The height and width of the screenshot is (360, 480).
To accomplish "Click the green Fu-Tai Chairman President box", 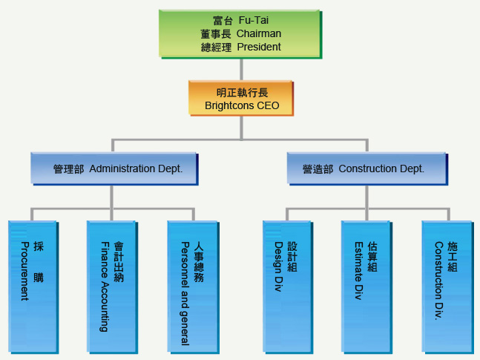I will (240, 34).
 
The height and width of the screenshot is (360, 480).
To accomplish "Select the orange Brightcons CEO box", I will (240, 99).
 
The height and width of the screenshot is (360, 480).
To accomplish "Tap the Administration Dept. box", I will (116, 168).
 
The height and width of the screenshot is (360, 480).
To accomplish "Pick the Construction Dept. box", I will (368, 168).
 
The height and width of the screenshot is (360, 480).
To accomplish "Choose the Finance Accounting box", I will (111, 286).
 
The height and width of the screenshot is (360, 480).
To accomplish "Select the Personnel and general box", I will (192, 286).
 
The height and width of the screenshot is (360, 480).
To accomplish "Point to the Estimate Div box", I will (365, 286).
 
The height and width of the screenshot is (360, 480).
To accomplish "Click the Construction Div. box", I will (446, 286).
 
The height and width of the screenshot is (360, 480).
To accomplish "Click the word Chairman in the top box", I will (259, 33).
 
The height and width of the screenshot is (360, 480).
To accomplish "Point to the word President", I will (259, 47).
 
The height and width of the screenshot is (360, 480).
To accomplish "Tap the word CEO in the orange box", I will (268, 106).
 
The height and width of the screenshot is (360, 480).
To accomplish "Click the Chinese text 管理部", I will (68, 169).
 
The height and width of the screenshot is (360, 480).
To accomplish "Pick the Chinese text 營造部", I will (318, 169).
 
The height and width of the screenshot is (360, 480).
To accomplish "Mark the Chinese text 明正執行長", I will (242, 93).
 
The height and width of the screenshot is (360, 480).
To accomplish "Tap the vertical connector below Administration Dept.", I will (112, 196).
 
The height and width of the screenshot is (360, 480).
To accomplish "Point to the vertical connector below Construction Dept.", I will (367, 196).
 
